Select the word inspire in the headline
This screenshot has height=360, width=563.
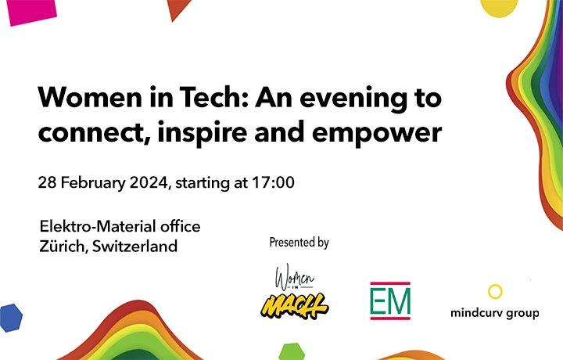[x=203, y=131]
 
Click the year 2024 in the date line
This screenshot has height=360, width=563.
[x=149, y=182]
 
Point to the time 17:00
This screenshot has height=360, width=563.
[x=273, y=182]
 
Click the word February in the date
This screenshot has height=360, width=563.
[x=93, y=183]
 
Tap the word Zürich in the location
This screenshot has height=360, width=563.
[x=62, y=246]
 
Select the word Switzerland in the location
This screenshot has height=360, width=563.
[x=134, y=246]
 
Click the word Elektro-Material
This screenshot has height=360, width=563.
[x=98, y=226]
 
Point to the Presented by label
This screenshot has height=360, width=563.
[x=299, y=243]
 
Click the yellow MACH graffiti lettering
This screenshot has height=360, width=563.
[x=295, y=306]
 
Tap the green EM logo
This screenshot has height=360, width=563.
[x=390, y=301]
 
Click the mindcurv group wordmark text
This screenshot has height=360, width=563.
[x=495, y=313]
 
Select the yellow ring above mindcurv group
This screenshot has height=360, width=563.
[x=495, y=286]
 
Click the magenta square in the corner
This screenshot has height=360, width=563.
[x=30, y=12]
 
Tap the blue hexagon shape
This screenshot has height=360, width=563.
[x=11, y=318]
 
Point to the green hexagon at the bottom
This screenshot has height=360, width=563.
[x=292, y=351]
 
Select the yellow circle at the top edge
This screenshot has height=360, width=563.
[x=499, y=8]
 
